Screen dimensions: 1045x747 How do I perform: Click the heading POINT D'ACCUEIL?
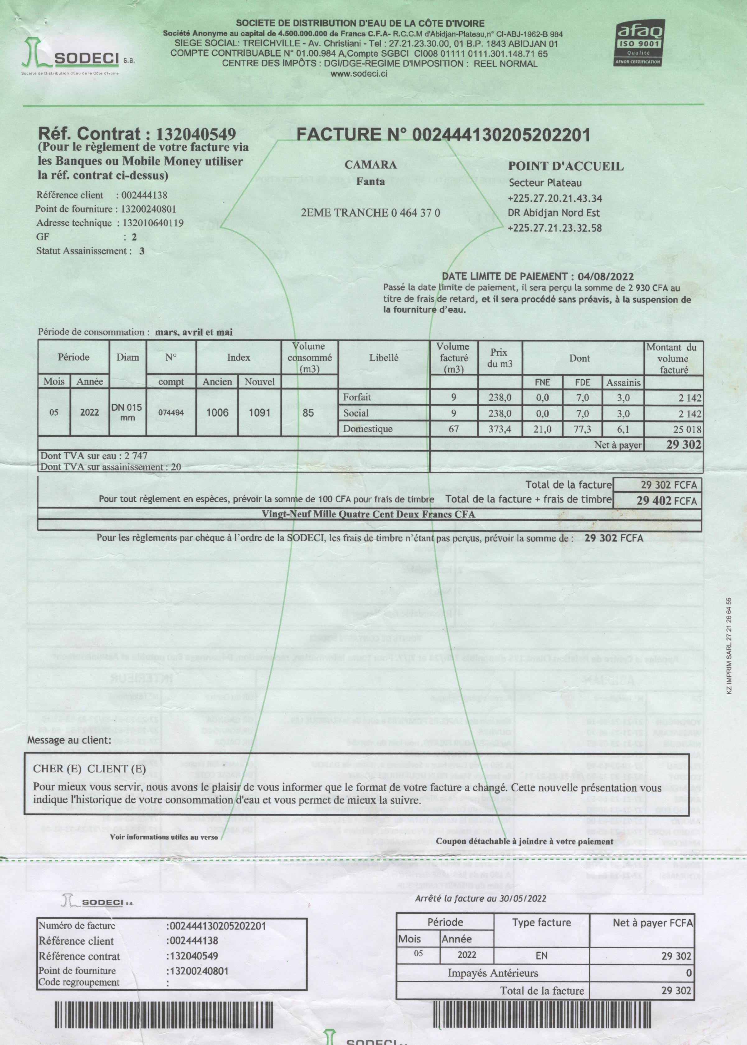coord(566,166)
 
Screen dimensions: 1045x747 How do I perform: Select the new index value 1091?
coord(259,412)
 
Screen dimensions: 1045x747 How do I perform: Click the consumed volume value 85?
coord(308,413)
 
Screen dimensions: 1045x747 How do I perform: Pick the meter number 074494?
coord(171,413)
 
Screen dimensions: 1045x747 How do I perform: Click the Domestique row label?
coord(368,429)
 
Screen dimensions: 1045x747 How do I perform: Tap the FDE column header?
coord(582,382)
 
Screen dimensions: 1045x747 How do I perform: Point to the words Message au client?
coord(69,740)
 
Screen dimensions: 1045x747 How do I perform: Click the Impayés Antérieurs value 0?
coord(689,973)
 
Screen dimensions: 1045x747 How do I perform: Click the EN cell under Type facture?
coord(541,955)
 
